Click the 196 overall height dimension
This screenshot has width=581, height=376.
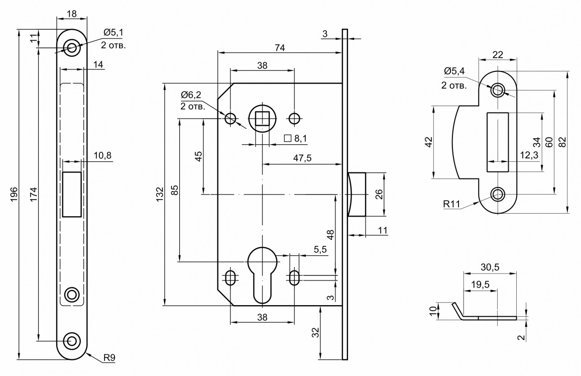(14, 195)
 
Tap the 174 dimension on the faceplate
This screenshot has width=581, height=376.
(33, 195)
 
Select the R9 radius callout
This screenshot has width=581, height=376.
(109, 358)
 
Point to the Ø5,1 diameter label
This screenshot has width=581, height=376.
(113, 33)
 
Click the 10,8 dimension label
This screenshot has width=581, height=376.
(102, 155)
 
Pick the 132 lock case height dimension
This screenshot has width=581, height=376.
(160, 195)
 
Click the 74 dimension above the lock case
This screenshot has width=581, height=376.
(280, 48)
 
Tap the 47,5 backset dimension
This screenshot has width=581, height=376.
(302, 158)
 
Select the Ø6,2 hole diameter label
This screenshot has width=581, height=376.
(191, 95)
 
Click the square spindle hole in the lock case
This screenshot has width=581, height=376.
(262, 119)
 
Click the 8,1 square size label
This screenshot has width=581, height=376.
(300, 139)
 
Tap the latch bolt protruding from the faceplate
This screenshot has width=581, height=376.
(357, 194)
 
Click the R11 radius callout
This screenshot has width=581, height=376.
(451, 204)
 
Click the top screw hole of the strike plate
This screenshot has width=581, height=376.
(497, 90)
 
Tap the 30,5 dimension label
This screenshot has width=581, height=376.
(490, 267)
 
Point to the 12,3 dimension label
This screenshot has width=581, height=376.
(529, 155)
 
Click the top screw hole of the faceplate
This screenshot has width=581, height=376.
(71, 47)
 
